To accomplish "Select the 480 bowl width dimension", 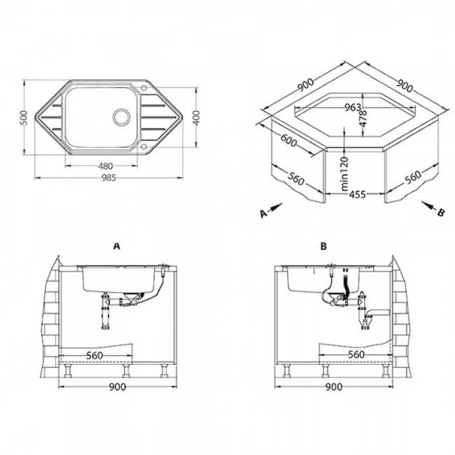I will coord(106,166).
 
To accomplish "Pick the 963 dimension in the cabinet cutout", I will coord(354,107).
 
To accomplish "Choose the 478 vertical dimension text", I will coord(363,118).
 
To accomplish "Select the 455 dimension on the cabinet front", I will coord(358,195).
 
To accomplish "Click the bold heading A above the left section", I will coord(117,246).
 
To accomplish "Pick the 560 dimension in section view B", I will coord(356,354).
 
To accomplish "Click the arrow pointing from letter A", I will coord(275,207).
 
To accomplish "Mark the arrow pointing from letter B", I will coord(428,206).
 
